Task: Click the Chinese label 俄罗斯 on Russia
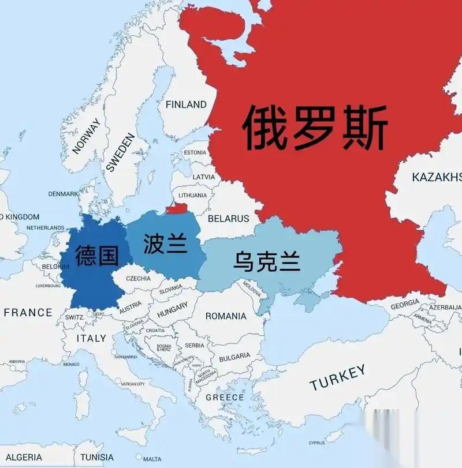point(315,127)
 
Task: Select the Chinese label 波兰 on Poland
point(165,243)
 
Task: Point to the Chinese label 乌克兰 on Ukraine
point(267,261)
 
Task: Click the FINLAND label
point(186,104)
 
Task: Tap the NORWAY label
point(87,137)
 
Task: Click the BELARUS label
point(228,219)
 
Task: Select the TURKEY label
point(337,377)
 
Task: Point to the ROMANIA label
point(226,316)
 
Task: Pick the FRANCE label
point(28,313)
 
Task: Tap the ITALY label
point(92,338)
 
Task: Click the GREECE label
point(225,398)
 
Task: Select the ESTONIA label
point(194,152)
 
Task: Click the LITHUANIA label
point(192,195)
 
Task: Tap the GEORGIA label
point(405,305)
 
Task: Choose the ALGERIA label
point(24,457)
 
